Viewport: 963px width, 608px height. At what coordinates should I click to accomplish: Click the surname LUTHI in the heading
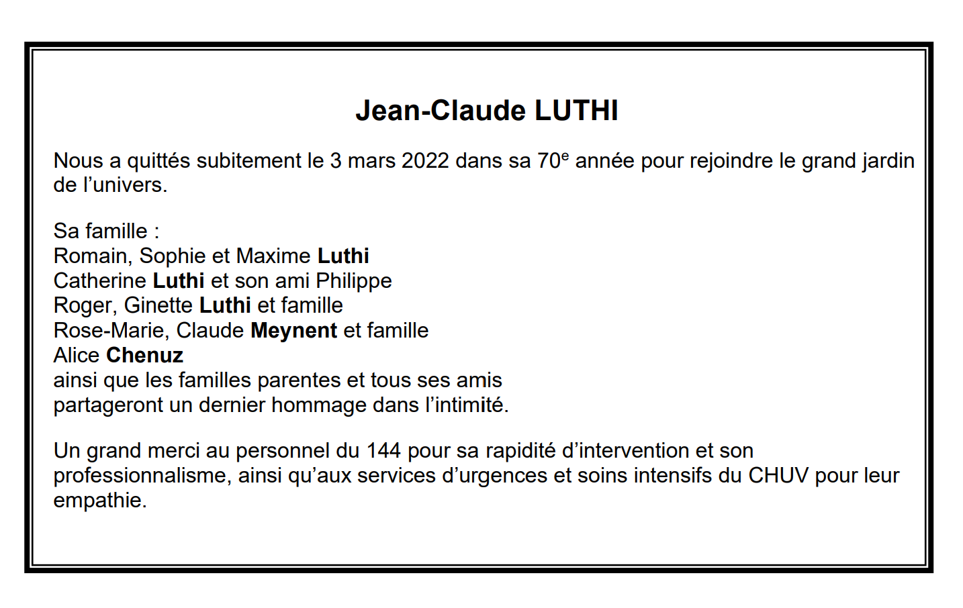(576, 111)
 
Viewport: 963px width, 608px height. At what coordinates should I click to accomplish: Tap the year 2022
(425, 161)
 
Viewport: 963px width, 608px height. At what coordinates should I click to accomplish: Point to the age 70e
(553, 161)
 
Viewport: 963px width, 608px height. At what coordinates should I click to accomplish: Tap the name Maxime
(273, 256)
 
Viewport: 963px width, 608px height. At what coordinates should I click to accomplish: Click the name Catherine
(100, 281)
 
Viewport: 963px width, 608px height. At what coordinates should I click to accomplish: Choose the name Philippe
(354, 281)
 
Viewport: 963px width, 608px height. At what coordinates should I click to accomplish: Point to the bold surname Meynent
(293, 330)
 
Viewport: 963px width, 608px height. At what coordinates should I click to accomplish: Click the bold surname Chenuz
(145, 355)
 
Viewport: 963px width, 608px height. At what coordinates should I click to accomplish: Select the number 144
(383, 450)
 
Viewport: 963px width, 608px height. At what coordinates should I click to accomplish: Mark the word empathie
(99, 501)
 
